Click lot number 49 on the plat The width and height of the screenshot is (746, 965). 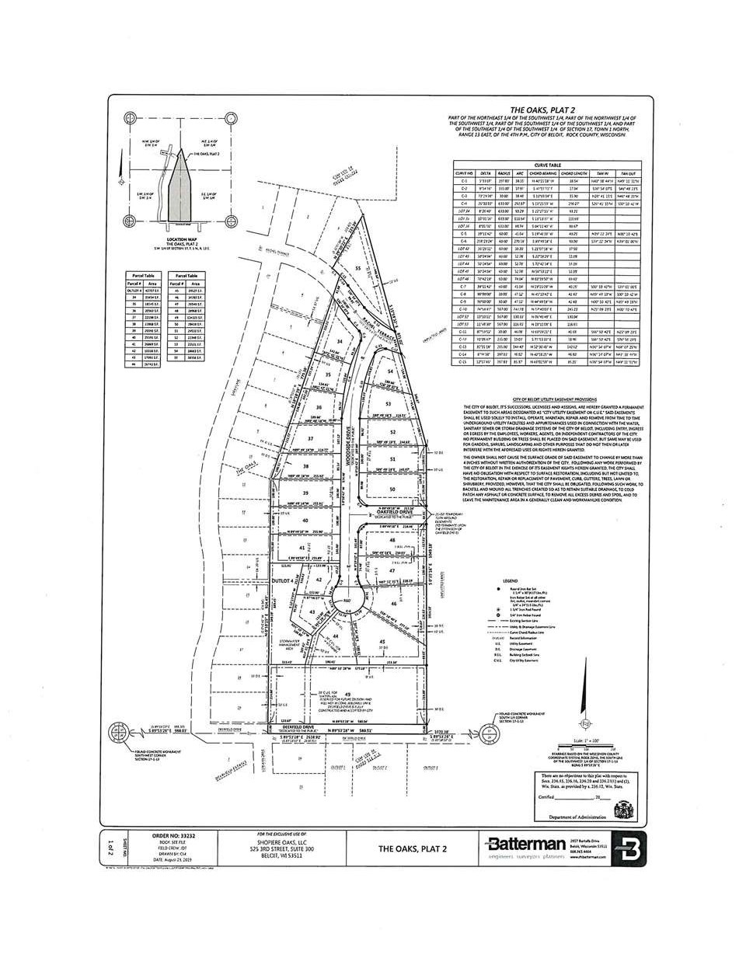click(348, 694)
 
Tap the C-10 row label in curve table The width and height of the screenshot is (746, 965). click(464, 308)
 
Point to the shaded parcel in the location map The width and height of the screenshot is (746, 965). click(180, 186)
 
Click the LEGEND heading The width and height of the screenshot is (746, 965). click(510, 580)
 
